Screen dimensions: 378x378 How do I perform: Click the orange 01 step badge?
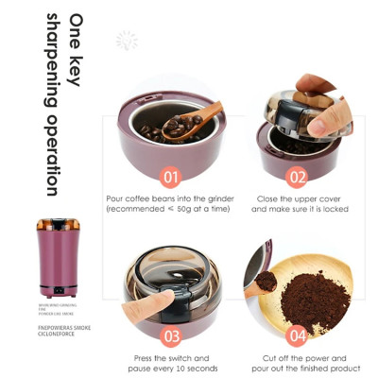[171, 177]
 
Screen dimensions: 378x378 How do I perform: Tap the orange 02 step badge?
[298, 177]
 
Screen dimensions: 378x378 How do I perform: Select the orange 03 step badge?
[171, 335]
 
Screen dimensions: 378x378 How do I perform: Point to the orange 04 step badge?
[298, 335]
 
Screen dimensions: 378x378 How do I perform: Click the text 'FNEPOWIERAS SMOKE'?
[64, 327]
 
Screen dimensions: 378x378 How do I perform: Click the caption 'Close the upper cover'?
[298, 199]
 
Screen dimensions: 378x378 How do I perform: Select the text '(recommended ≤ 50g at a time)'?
[171, 209]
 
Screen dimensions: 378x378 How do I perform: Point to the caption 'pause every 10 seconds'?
[171, 368]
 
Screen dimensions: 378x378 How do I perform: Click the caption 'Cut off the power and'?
[299, 358]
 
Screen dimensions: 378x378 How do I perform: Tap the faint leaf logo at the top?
[127, 40]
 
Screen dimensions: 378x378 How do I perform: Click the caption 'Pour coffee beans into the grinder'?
[171, 199]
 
